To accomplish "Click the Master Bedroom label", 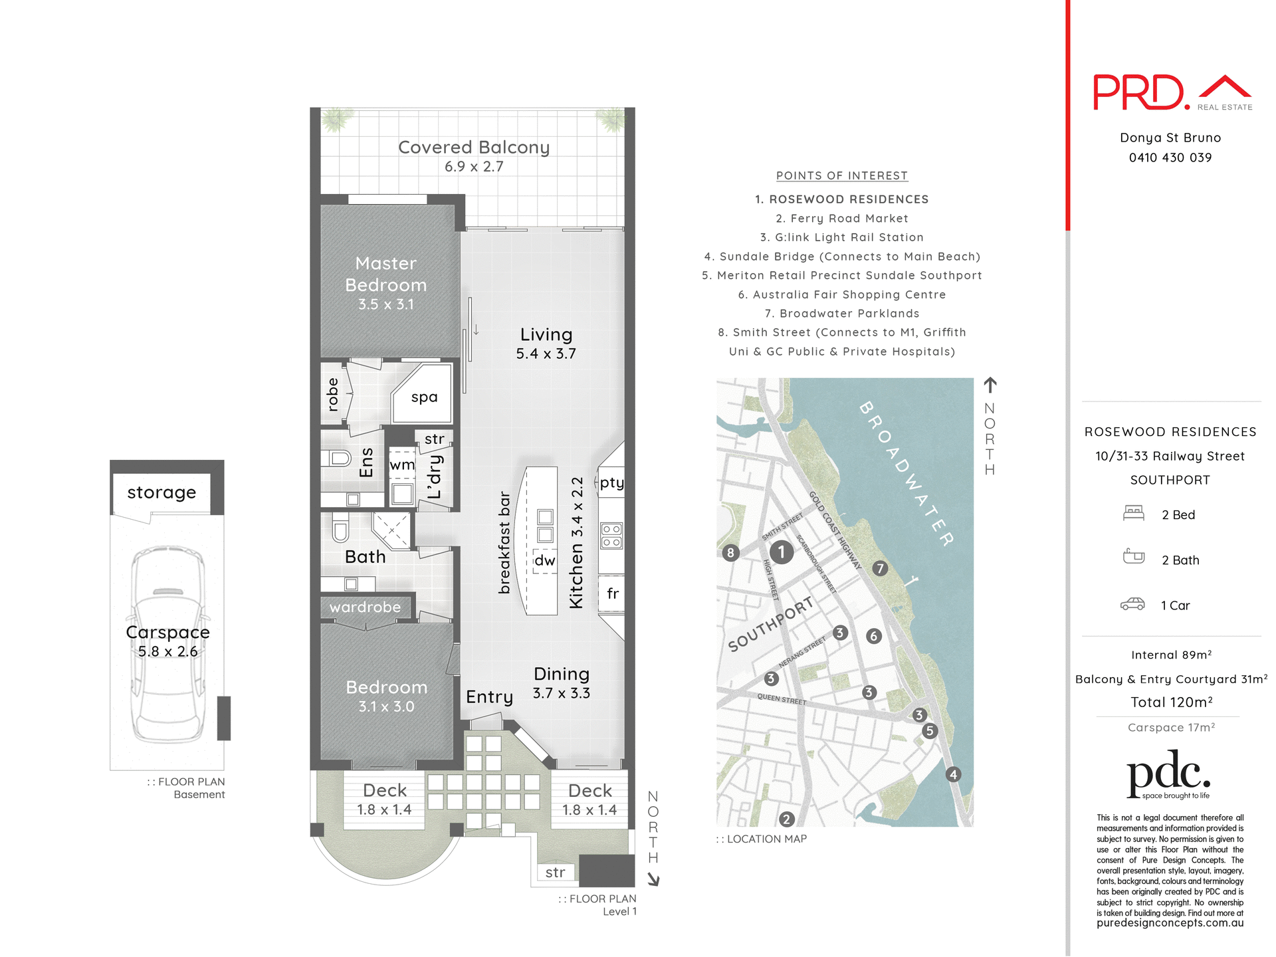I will click(x=386, y=274).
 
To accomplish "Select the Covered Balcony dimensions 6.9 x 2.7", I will click(x=474, y=167).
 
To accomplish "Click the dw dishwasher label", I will click(x=544, y=560).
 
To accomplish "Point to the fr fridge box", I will click(x=612, y=593).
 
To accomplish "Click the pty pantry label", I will click(x=611, y=482).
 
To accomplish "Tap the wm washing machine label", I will click(x=401, y=465).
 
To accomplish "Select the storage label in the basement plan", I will click(x=161, y=492).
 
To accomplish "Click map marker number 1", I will click(x=782, y=552).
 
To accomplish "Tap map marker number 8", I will click(x=730, y=552).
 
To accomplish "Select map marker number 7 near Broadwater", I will click(x=880, y=568).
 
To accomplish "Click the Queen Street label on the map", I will click(x=782, y=698).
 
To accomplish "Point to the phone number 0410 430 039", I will click(x=1170, y=158).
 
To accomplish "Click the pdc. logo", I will click(x=1168, y=774).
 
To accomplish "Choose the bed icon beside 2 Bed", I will click(x=1133, y=513).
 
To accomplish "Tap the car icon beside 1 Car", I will click(x=1132, y=604).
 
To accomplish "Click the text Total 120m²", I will click(x=1171, y=702).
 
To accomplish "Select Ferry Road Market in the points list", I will click(x=841, y=219).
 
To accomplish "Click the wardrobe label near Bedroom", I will click(x=365, y=607).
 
